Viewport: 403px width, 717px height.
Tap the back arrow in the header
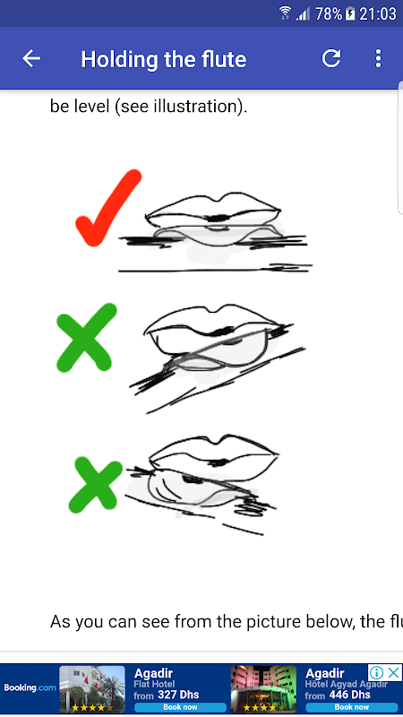[x=31, y=58]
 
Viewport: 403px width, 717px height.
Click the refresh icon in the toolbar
[x=331, y=58]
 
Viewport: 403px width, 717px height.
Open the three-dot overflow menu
[x=378, y=58]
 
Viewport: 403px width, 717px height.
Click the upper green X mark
[x=85, y=338]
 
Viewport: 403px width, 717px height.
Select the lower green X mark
[x=95, y=485]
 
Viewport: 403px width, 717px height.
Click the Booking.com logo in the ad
[x=30, y=687]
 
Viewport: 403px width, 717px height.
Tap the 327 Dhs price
[x=178, y=695]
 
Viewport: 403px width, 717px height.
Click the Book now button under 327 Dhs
[x=180, y=707]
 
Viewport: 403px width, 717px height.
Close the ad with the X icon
[x=393, y=673]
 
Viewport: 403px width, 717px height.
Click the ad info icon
[x=376, y=673]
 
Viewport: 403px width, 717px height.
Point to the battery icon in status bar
[x=350, y=13]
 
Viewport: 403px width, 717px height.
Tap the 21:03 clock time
[x=377, y=13]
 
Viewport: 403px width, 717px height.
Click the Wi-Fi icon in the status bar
[x=286, y=13]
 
